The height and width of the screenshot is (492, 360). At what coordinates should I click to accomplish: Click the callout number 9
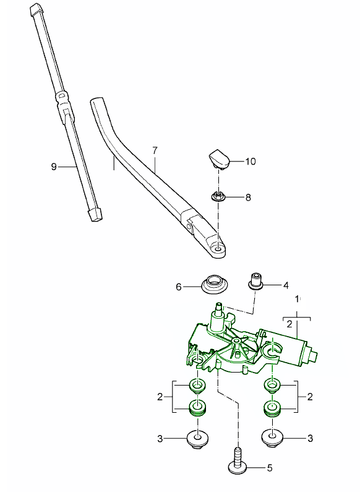pyautogui.click(x=54, y=166)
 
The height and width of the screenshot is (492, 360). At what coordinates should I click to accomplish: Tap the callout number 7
pyautogui.click(x=155, y=150)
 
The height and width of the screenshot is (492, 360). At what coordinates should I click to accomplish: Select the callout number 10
pyautogui.click(x=251, y=162)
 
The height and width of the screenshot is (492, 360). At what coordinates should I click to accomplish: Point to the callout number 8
pyautogui.click(x=248, y=197)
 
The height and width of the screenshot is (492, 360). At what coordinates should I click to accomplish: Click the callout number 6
pyautogui.click(x=179, y=287)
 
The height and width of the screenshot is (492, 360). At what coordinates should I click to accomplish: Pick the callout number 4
pyautogui.click(x=286, y=285)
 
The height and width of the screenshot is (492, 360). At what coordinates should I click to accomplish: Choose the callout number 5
pyautogui.click(x=270, y=468)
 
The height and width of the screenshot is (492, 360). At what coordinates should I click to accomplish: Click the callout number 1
pyautogui.click(x=298, y=299)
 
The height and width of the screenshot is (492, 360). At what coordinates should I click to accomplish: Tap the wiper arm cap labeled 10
pyautogui.click(x=219, y=159)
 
